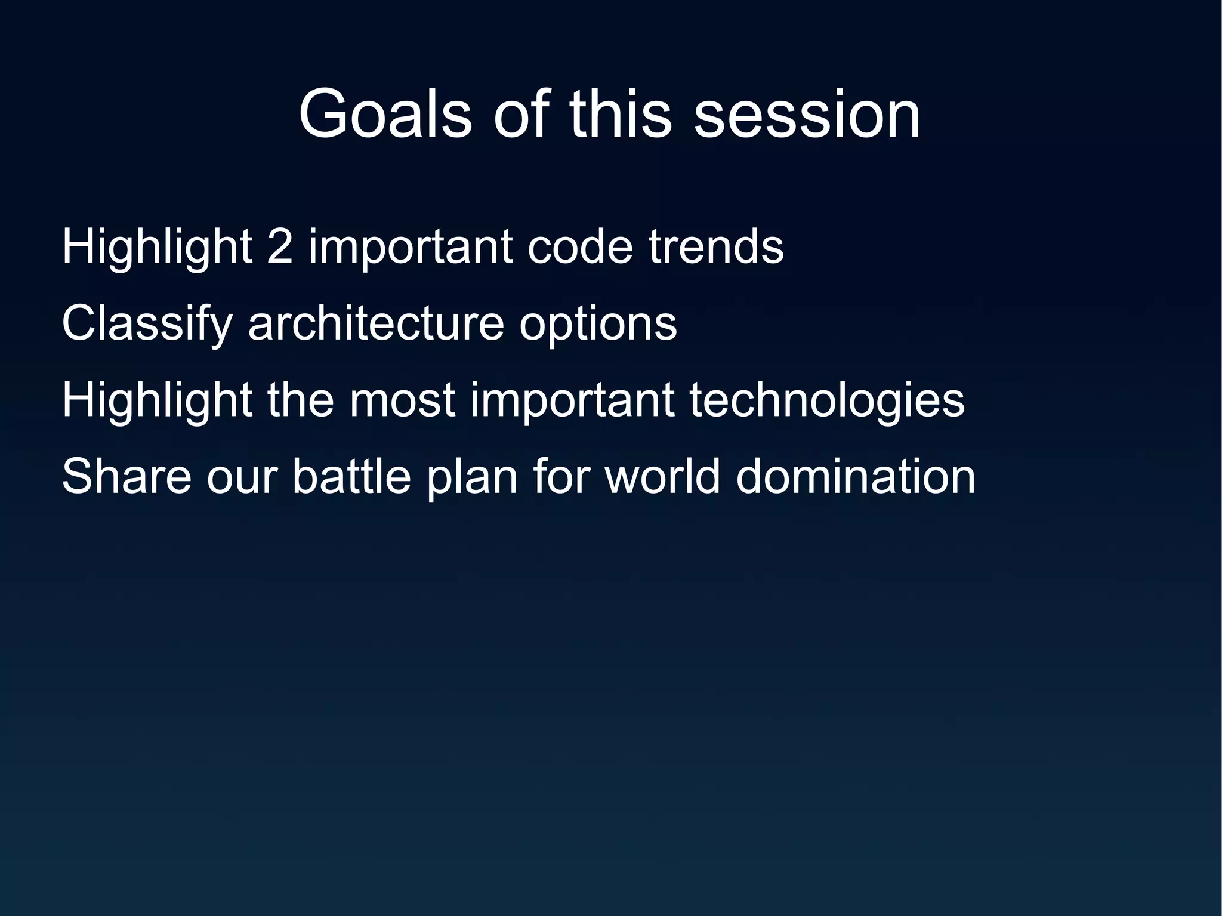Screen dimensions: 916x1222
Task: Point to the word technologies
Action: (x=827, y=401)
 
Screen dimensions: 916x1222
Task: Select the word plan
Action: (x=472, y=477)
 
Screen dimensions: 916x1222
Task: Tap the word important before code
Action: (x=411, y=247)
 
